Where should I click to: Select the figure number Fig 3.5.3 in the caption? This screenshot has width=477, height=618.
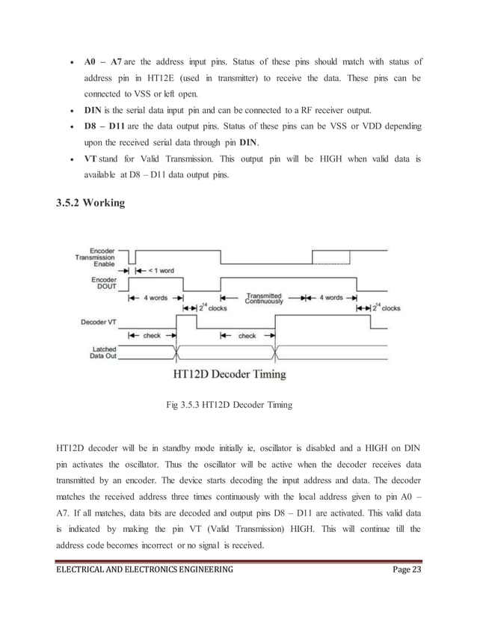(190, 405)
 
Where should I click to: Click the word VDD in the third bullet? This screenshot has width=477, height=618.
(357, 125)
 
